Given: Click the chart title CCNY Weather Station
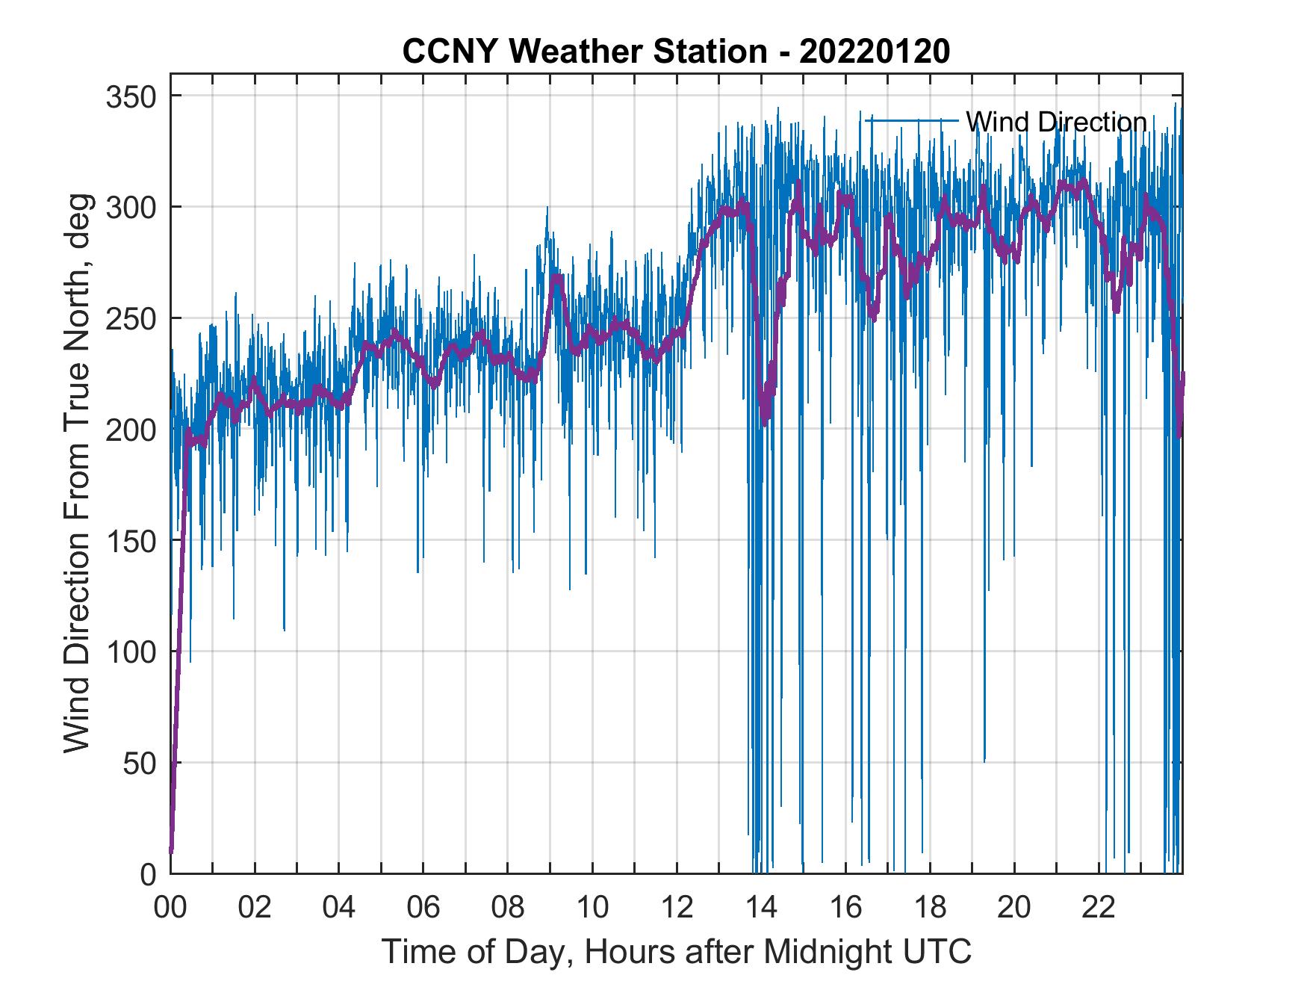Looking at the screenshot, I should [x=583, y=52].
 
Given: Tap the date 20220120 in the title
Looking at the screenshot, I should [x=875, y=52].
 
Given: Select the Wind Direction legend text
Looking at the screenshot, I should [x=1056, y=122].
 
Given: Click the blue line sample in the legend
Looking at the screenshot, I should [x=911, y=121].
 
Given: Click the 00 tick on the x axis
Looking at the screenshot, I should [x=170, y=908].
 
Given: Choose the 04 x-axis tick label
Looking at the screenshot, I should [x=339, y=908].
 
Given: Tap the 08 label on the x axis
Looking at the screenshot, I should [x=508, y=908].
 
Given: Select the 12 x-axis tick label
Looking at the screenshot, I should [x=677, y=908].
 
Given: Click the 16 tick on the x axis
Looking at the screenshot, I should [x=845, y=908].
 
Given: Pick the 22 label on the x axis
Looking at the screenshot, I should [x=1099, y=908].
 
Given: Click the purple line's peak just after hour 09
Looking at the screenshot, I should [x=556, y=277].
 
